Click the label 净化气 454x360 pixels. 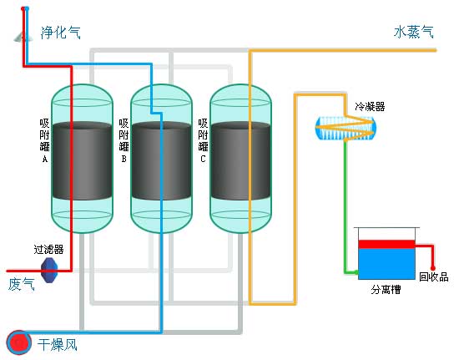point(61,33)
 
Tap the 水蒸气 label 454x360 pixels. point(414,32)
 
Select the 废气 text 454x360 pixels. point(22,284)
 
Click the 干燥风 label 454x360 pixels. point(58,345)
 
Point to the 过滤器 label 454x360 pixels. point(48,249)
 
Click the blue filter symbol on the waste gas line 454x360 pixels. point(49,270)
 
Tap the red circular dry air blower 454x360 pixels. point(19,343)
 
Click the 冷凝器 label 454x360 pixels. point(370,107)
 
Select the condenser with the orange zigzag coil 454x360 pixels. point(346,128)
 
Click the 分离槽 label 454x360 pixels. point(386,289)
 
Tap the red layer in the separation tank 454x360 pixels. point(386,245)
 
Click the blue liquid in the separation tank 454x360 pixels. point(386,264)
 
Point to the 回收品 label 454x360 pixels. point(434,276)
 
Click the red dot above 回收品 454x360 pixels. point(432,268)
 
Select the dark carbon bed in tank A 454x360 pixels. point(83,161)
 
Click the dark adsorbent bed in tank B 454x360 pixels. point(161,161)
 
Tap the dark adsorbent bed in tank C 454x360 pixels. point(240,161)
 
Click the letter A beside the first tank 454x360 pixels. point(44,159)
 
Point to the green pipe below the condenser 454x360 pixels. point(346,206)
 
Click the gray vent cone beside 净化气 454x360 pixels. point(20,37)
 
